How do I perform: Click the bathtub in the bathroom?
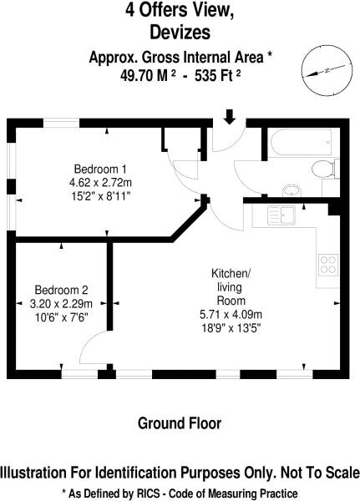click(302, 142)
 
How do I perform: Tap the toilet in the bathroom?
click(323, 169)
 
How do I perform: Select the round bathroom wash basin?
click(292, 191)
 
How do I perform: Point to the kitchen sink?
click(281, 215)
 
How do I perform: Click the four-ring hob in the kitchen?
click(328, 265)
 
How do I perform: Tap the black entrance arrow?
click(230, 117)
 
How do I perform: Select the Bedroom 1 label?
click(100, 169)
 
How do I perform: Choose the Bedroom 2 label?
click(61, 290)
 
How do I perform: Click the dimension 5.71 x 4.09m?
click(231, 315)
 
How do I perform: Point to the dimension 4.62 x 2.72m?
click(100, 183)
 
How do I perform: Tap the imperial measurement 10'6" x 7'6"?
click(61, 317)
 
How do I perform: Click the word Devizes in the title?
click(180, 32)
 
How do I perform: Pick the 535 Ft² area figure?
click(218, 76)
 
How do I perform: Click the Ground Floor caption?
click(180, 423)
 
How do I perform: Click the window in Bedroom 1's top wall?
click(61, 123)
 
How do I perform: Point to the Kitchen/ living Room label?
click(231, 287)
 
